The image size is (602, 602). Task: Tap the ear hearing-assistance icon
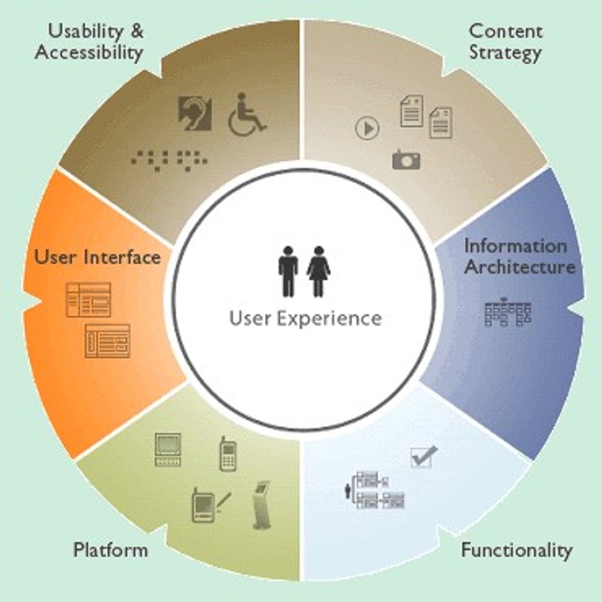(x=194, y=113)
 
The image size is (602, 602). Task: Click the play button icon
(x=367, y=128)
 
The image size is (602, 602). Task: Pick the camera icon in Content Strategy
(x=406, y=160)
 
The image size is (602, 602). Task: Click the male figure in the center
(x=288, y=271)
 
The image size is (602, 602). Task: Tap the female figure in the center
(x=318, y=271)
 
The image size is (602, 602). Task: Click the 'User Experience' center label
(x=305, y=318)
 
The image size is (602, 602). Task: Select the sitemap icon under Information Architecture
(x=508, y=313)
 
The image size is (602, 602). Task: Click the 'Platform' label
(x=110, y=550)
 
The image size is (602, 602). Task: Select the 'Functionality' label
(x=517, y=550)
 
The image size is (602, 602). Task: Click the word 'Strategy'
(x=505, y=52)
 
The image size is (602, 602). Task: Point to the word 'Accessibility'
(x=89, y=52)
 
